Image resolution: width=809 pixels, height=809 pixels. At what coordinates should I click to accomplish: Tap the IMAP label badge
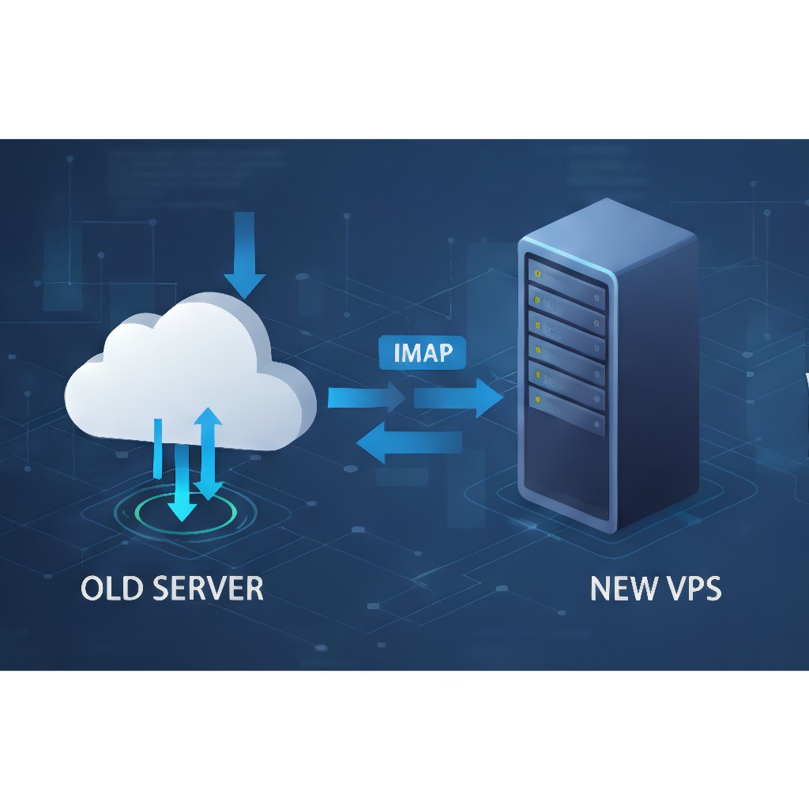[x=423, y=352]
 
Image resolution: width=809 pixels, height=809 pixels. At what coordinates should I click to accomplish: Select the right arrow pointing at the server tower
[x=458, y=397]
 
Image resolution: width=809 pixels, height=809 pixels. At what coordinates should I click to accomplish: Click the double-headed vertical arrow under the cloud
[x=209, y=453]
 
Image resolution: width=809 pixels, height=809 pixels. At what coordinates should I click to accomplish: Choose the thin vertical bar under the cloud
[x=157, y=446]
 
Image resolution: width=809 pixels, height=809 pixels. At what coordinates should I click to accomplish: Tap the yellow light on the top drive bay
[x=538, y=274]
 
